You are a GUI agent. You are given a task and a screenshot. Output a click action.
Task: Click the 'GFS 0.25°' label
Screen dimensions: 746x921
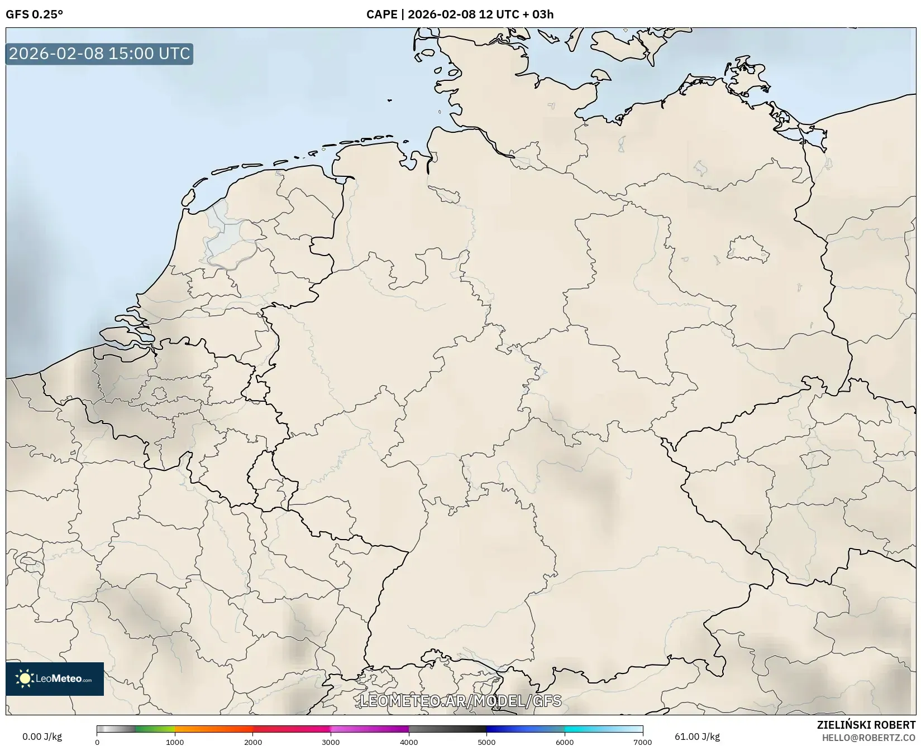(x=34, y=15)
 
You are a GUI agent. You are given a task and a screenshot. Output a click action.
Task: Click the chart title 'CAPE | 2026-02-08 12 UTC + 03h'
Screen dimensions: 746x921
(x=460, y=15)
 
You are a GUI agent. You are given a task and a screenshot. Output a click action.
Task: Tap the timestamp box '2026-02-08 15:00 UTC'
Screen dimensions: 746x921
(x=99, y=54)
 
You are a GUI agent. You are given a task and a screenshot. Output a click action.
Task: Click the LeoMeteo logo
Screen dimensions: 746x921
(x=55, y=678)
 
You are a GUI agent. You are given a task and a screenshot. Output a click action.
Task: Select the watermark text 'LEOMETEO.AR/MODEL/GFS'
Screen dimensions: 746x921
(x=460, y=701)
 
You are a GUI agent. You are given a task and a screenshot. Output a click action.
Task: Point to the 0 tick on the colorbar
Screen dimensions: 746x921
(x=97, y=742)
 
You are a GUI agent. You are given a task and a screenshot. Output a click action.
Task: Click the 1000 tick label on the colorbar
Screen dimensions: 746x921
(x=175, y=742)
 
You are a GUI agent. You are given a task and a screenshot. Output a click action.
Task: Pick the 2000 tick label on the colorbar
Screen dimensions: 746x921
(x=253, y=742)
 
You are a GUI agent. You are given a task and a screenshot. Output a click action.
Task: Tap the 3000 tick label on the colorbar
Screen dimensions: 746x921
(x=331, y=742)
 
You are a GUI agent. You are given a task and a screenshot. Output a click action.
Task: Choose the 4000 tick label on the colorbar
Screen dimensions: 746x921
(x=409, y=742)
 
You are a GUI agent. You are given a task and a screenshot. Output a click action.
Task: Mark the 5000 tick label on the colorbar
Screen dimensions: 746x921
(x=486, y=742)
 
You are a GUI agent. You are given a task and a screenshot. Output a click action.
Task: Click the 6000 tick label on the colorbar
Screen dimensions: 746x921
(x=565, y=742)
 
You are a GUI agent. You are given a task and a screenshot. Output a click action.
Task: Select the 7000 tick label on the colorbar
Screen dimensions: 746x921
(x=642, y=742)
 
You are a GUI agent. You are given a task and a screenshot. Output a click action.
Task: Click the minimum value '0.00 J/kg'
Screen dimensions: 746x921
(x=42, y=737)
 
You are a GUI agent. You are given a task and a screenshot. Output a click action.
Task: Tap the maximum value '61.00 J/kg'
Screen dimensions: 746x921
(x=697, y=737)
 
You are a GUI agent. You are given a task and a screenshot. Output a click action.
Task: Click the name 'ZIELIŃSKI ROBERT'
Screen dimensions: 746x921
(x=866, y=725)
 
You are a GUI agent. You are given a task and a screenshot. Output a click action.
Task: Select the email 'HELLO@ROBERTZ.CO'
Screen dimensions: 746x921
(x=868, y=738)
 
